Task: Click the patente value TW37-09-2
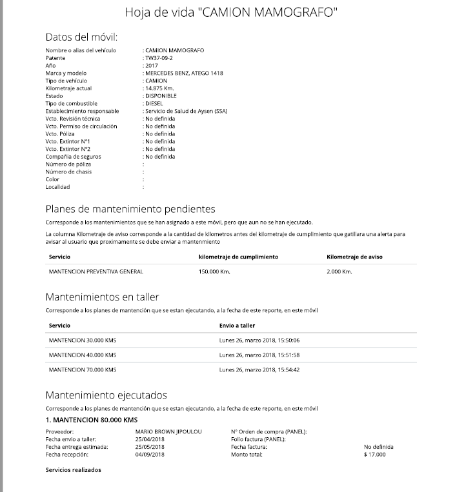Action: pyautogui.click(x=159, y=58)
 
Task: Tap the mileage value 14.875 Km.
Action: pyautogui.click(x=160, y=88)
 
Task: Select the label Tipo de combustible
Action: pyautogui.click(x=71, y=103)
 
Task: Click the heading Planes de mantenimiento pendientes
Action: pyautogui.click(x=130, y=209)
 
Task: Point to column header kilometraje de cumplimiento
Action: pyautogui.click(x=238, y=257)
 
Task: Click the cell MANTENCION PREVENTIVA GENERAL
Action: pyautogui.click(x=96, y=271)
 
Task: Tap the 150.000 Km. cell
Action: pyautogui.click(x=214, y=271)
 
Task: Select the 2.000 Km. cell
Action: pyautogui.click(x=339, y=271)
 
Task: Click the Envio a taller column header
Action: pyautogui.click(x=237, y=326)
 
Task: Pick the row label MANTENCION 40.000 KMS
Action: pyautogui.click(x=83, y=355)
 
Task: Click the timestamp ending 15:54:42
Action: pyautogui.click(x=259, y=370)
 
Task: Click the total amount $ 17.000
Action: pyautogui.click(x=374, y=455)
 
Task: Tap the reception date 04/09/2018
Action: pyautogui.click(x=150, y=455)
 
